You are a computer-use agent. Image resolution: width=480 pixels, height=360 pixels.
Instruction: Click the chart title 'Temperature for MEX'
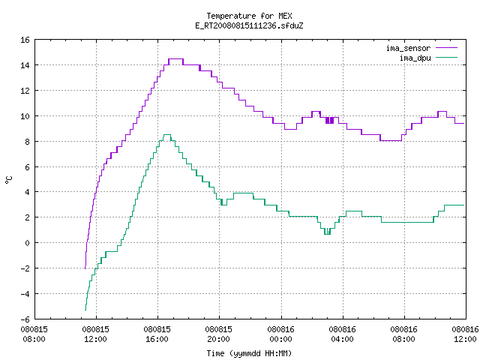pyautogui.click(x=249, y=16)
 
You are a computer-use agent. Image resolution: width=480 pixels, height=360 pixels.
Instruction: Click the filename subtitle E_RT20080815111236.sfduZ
pyautogui.click(x=249, y=25)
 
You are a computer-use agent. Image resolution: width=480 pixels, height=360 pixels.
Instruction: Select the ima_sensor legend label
pyautogui.click(x=408, y=48)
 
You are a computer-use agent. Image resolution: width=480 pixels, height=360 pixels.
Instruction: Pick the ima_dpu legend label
pyautogui.click(x=415, y=58)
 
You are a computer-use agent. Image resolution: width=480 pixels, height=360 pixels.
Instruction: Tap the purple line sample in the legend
pyautogui.click(x=447, y=48)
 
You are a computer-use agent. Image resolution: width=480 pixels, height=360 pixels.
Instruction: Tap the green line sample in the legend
pyautogui.click(x=447, y=57)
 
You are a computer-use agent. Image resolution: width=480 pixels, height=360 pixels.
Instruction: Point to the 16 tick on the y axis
pyautogui.click(x=25, y=40)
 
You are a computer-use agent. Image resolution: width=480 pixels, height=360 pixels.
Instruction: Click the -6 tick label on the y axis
pyautogui.click(x=25, y=319)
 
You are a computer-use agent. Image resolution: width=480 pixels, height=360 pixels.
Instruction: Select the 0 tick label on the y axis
pyautogui.click(x=28, y=243)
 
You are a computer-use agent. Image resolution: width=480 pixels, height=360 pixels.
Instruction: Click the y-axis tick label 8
pyautogui.click(x=28, y=142)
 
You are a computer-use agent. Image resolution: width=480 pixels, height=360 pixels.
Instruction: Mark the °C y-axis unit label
pyautogui.click(x=9, y=180)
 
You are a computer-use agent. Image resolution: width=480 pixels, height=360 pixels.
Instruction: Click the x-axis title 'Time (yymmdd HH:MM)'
pyautogui.click(x=249, y=353)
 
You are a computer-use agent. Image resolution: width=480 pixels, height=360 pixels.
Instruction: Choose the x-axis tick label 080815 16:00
pyautogui.click(x=157, y=334)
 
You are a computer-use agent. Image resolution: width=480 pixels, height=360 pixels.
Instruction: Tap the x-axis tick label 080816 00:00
pyautogui.click(x=280, y=334)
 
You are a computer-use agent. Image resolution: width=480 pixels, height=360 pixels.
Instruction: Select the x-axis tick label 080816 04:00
pyautogui.click(x=342, y=334)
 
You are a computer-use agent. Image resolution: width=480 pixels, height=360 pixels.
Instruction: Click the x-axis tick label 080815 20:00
pyautogui.click(x=218, y=334)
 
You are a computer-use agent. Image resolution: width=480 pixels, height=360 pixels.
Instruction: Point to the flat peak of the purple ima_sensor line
pyautogui.click(x=175, y=59)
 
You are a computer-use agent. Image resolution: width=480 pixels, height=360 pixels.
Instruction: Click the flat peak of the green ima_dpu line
pyautogui.click(x=167, y=135)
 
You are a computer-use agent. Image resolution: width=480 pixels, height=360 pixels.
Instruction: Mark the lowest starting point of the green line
pyautogui.click(x=85, y=310)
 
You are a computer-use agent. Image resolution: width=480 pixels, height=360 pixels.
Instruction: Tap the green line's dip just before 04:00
pyautogui.click(x=327, y=234)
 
